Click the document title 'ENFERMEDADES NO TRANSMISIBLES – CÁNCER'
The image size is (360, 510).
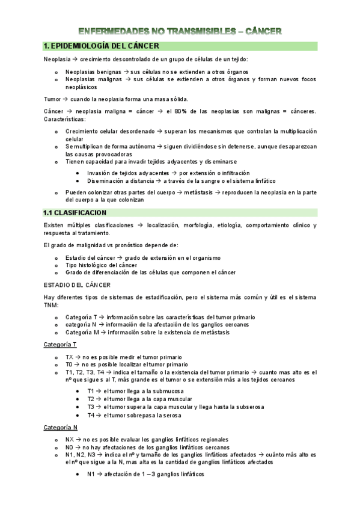(180, 31)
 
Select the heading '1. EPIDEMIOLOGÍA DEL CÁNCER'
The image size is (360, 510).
(102, 46)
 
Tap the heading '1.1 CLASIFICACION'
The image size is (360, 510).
(75, 212)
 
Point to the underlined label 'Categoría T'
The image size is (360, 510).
(60, 344)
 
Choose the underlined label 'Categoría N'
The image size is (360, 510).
(60, 427)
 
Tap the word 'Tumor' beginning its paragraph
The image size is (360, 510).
(53, 99)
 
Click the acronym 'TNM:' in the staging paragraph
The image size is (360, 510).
(52, 305)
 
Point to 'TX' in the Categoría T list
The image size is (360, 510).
(70, 357)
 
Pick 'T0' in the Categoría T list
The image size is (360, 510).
(70, 364)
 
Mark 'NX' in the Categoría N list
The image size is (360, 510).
(70, 440)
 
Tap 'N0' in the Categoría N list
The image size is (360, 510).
(70, 447)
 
